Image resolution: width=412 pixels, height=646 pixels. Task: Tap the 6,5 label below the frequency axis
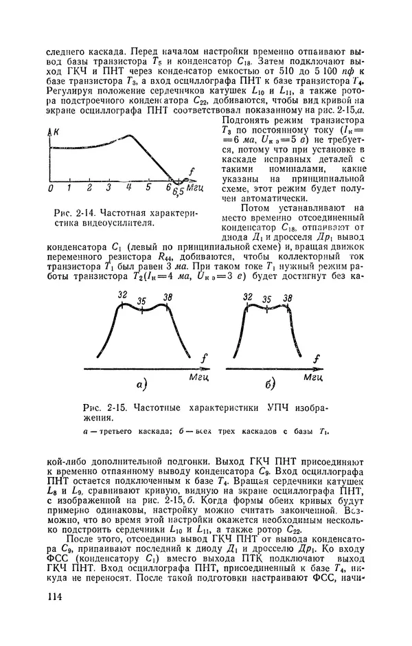(178, 190)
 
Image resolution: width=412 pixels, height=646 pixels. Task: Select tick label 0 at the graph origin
(50, 188)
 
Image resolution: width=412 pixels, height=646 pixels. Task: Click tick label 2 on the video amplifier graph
(89, 188)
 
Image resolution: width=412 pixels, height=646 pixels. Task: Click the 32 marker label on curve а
(122, 295)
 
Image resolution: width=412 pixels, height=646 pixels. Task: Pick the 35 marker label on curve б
(266, 300)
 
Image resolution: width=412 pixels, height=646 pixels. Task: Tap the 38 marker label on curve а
(168, 297)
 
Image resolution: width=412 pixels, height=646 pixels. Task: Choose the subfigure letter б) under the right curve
(268, 383)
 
